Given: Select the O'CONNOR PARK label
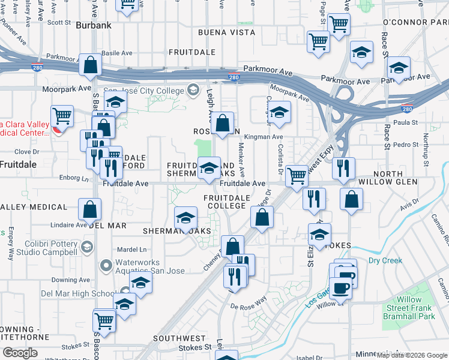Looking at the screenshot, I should pyautogui.click(x=415, y=22).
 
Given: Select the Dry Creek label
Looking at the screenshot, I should pyautogui.click(x=385, y=260).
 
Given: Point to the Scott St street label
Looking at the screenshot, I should pyautogui.click(x=59, y=23).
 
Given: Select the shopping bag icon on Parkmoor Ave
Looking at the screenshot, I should pyautogui.click(x=90, y=66).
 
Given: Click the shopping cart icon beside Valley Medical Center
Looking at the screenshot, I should pyautogui.click(x=62, y=116).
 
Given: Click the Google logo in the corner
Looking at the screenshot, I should pyautogui.click(x=20, y=353).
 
